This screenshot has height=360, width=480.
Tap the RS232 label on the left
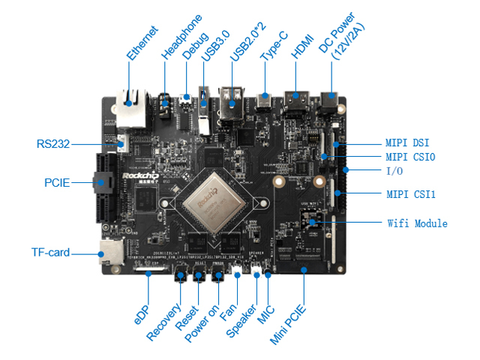[x=52, y=143]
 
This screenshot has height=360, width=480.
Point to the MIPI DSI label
[x=407, y=142]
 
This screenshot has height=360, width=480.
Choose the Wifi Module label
[x=417, y=223]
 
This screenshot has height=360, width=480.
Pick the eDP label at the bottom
[x=143, y=310]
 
